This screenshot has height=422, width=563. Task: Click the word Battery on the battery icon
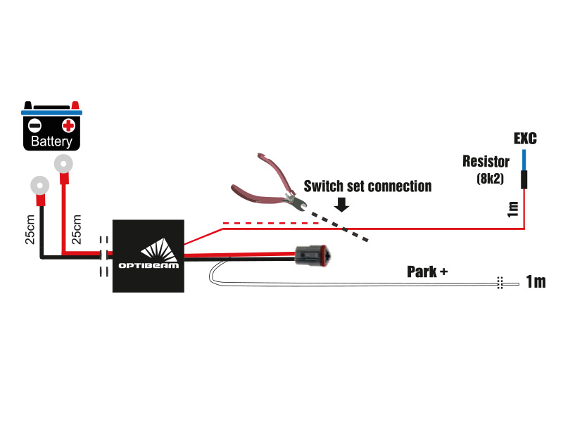click(51, 142)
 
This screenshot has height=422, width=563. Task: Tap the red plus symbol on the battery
click(68, 126)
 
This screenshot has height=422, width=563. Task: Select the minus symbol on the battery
click(34, 127)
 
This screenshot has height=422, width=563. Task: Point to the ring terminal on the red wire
click(63, 165)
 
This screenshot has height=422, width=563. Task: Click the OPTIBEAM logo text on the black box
click(149, 267)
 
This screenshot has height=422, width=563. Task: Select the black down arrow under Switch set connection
click(343, 205)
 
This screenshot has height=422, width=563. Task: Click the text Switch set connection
click(367, 186)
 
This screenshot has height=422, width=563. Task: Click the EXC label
click(525, 139)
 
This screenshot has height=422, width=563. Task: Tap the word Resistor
click(486, 162)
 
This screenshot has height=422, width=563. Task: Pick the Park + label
click(427, 271)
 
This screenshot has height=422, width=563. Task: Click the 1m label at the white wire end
click(536, 282)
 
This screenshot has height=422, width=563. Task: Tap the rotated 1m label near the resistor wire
click(513, 208)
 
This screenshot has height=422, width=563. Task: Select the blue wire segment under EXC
click(524, 159)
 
